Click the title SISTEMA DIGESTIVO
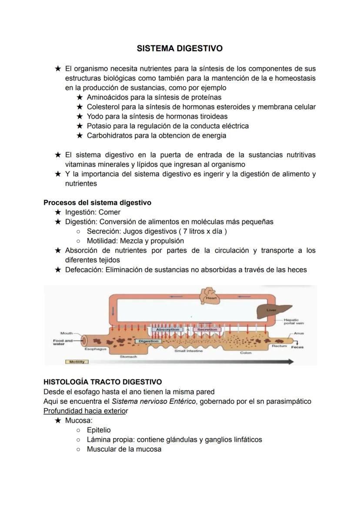tap(180, 49)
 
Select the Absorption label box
tap(167, 330)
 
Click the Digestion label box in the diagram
tap(148, 341)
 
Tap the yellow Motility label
tap(76, 362)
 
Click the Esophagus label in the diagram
tap(93, 349)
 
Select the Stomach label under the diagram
tap(128, 356)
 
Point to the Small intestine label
tap(188, 351)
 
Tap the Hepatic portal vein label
tap(294, 322)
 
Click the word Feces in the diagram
tap(297, 347)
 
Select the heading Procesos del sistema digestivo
tap(97, 203)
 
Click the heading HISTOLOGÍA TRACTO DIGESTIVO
tap(103, 382)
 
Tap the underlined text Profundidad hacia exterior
tap(86, 411)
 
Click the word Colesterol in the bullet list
tap(103, 107)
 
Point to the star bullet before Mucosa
tap(58, 421)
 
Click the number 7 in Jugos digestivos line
tap(185, 231)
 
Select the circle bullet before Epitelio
tap(78, 430)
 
